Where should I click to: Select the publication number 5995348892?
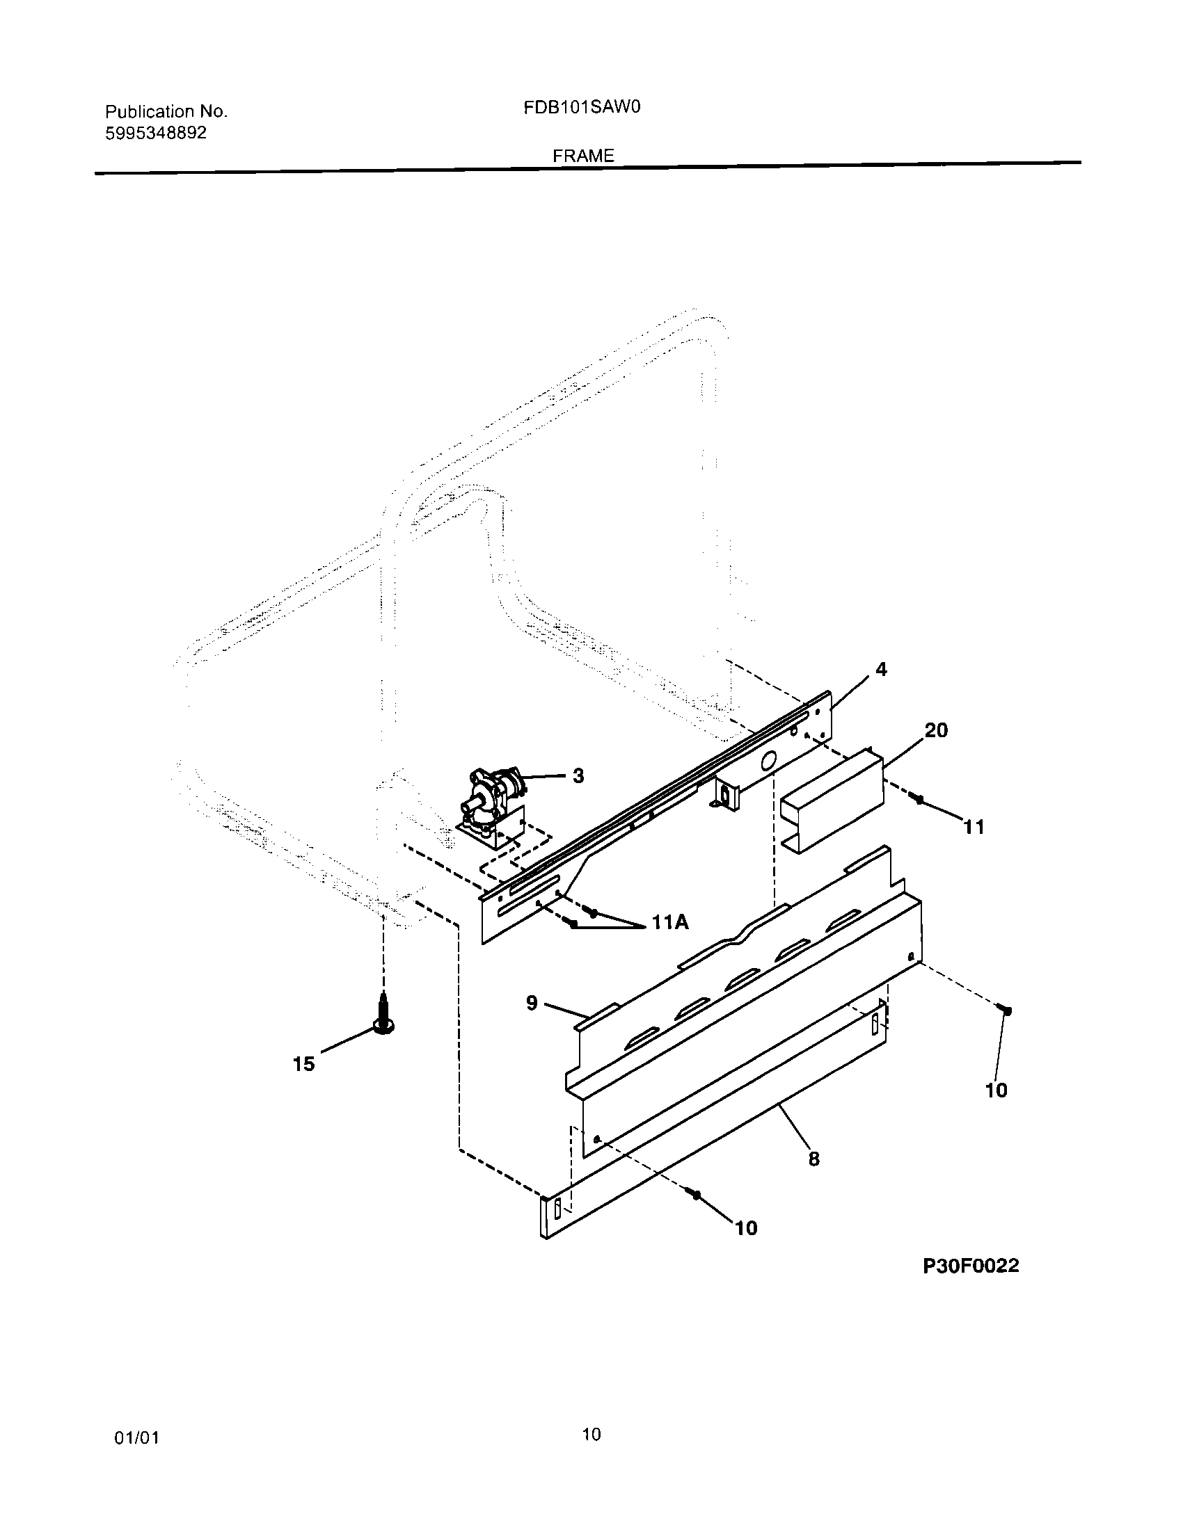(156, 133)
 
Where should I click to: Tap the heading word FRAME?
(583, 156)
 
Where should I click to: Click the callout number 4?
(881, 670)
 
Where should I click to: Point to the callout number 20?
(936, 730)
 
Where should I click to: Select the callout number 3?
(578, 775)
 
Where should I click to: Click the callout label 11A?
(670, 923)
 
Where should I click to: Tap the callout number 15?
(303, 1064)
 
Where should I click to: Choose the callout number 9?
(532, 1003)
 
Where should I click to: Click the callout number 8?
(813, 1159)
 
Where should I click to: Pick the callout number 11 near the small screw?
(974, 827)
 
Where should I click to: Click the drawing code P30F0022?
(971, 1265)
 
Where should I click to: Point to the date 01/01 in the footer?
(136, 1438)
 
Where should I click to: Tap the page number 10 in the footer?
(591, 1435)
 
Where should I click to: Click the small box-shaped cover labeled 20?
(832, 798)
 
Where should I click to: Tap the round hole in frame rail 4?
(769, 759)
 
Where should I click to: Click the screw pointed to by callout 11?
(919, 799)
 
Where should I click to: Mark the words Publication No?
(166, 111)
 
